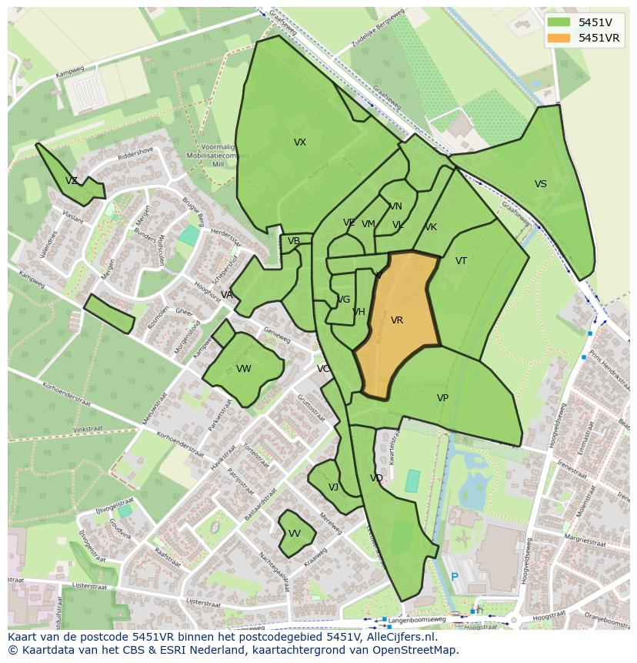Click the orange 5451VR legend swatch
[559, 38]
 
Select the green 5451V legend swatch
[559, 22]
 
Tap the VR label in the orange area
[397, 320]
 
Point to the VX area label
[300, 142]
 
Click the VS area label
[541, 184]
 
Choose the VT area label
[461, 261]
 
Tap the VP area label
[442, 398]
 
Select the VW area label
[244, 369]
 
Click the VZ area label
[72, 181]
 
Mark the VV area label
[295, 534]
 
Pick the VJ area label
[333, 487]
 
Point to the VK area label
[431, 227]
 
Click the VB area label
[294, 241]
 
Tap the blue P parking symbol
[455, 577]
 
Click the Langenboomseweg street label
[418, 619]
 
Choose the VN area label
[395, 206]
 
